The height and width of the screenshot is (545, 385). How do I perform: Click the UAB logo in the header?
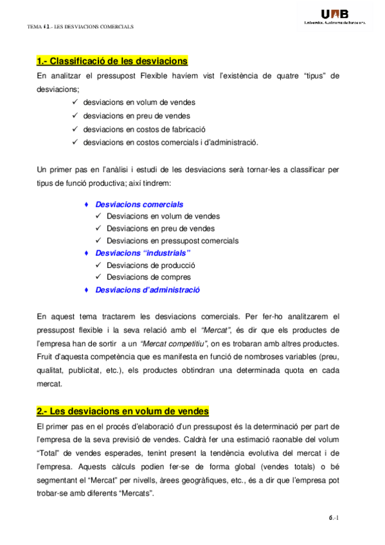click(x=334, y=16)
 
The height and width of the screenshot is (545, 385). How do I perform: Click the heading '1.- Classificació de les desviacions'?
click(x=112, y=61)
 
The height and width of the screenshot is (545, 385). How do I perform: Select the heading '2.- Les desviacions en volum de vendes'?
click(x=123, y=411)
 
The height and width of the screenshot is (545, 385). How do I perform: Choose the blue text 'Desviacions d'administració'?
click(x=148, y=290)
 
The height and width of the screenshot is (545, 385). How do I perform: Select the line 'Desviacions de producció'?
click(x=151, y=265)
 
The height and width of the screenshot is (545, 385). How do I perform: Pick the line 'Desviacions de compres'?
click(x=148, y=278)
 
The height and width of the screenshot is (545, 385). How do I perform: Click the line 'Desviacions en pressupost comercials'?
click(x=172, y=241)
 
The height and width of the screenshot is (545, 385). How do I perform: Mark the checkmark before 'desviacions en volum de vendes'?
click(x=76, y=102)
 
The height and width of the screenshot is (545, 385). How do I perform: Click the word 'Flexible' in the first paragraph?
click(x=196, y=76)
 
